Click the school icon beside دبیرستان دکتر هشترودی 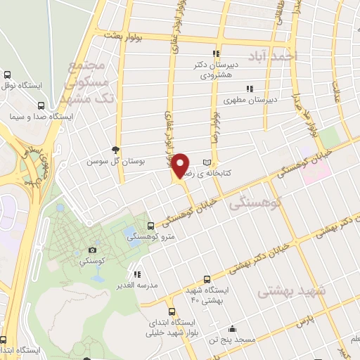click(217, 53)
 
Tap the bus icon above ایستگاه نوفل click(7, 75)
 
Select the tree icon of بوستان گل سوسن click(115, 150)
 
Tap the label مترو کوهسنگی click(150, 237)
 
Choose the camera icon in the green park click(91, 250)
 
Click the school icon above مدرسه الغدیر click(137, 274)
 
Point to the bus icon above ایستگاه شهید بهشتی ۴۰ click(206, 279)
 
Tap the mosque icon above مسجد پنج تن click(232, 328)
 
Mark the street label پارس click(303, 322)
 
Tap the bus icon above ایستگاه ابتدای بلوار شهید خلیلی click(172, 311)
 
